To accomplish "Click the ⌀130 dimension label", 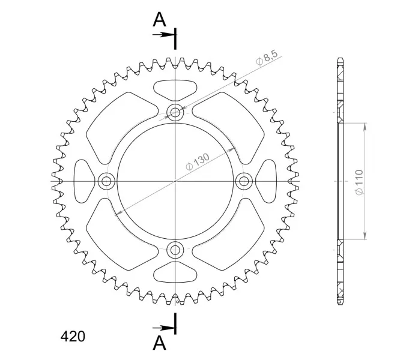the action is [x=198, y=162].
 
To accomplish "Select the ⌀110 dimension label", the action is [x=359, y=182].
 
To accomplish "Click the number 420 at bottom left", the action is [x=73, y=337].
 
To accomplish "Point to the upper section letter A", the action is [x=159, y=19].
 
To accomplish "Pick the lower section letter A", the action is [x=159, y=343].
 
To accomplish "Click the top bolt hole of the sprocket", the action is [x=175, y=112].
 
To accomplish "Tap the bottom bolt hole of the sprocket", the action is [x=175, y=250].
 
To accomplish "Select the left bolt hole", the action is [x=106, y=181].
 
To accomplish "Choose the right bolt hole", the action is [x=244, y=181].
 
